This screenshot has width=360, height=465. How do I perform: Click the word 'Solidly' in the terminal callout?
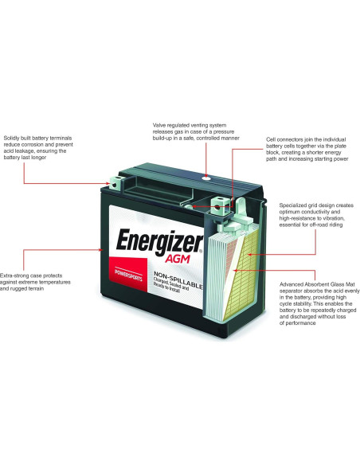coord(14,137)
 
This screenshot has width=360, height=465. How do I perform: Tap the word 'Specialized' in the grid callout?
coord(296,205)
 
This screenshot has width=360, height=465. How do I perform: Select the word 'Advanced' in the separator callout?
coord(295,283)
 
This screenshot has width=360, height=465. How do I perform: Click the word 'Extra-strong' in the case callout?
coord(18,273)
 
